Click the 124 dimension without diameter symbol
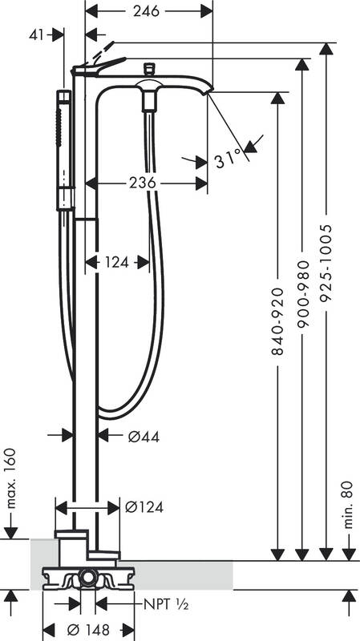(117, 262)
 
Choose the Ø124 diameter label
(146, 506)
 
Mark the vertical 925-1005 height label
(326, 263)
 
